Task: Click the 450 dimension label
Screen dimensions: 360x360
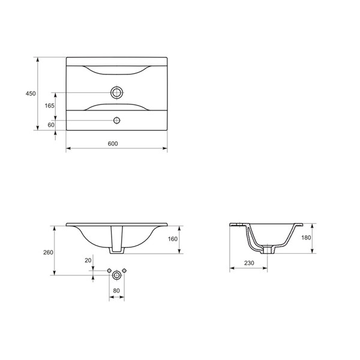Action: pyautogui.click(x=31, y=94)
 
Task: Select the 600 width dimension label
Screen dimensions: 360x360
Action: pyautogui.click(x=113, y=143)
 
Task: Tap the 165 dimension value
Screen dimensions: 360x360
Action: pyautogui.click(x=50, y=106)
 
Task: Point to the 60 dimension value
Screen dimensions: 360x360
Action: pyautogui.click(x=51, y=125)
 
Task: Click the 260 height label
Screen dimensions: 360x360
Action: pyautogui.click(x=48, y=253)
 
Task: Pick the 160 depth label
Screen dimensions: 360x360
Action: pyautogui.click(x=173, y=239)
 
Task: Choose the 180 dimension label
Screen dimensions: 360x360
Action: pyautogui.click(x=306, y=238)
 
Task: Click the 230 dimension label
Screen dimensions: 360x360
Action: pyautogui.click(x=249, y=263)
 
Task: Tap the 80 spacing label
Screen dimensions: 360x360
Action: pyautogui.click(x=116, y=290)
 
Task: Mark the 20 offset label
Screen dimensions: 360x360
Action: pyautogui.click(x=88, y=260)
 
